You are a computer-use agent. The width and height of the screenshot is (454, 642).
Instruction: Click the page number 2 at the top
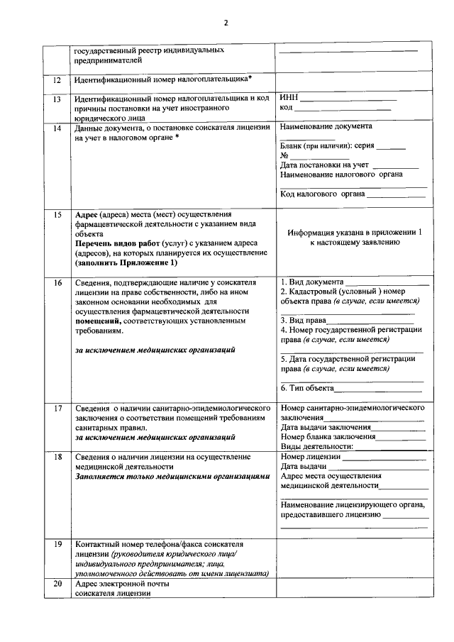[227, 23]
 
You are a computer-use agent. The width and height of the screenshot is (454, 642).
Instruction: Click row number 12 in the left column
[57, 80]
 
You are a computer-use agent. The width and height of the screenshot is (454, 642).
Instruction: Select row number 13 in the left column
[57, 99]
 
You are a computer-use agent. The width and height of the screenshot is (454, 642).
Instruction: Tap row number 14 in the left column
[57, 128]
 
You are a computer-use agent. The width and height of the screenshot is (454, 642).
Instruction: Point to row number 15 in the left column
[57, 214]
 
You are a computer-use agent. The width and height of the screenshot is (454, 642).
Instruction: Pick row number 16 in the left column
[57, 282]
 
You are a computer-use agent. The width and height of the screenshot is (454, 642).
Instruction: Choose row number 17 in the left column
[57, 409]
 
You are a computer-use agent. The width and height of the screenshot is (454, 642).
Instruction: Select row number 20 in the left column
[57, 583]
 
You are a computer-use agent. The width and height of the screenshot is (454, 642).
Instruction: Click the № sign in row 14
[284, 155]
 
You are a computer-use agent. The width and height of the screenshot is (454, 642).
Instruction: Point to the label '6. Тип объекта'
[306, 388]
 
